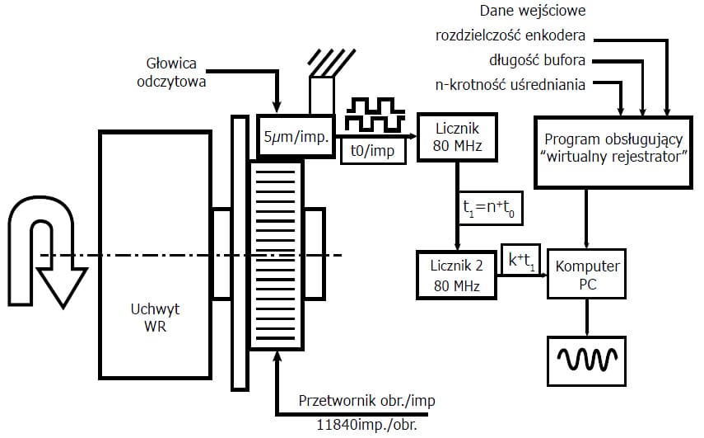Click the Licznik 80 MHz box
point(455,138)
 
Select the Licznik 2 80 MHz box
point(455,273)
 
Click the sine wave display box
point(587,359)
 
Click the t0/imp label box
point(372,152)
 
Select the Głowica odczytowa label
point(173,73)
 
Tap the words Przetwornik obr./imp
point(366,401)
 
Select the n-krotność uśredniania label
point(511,83)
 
